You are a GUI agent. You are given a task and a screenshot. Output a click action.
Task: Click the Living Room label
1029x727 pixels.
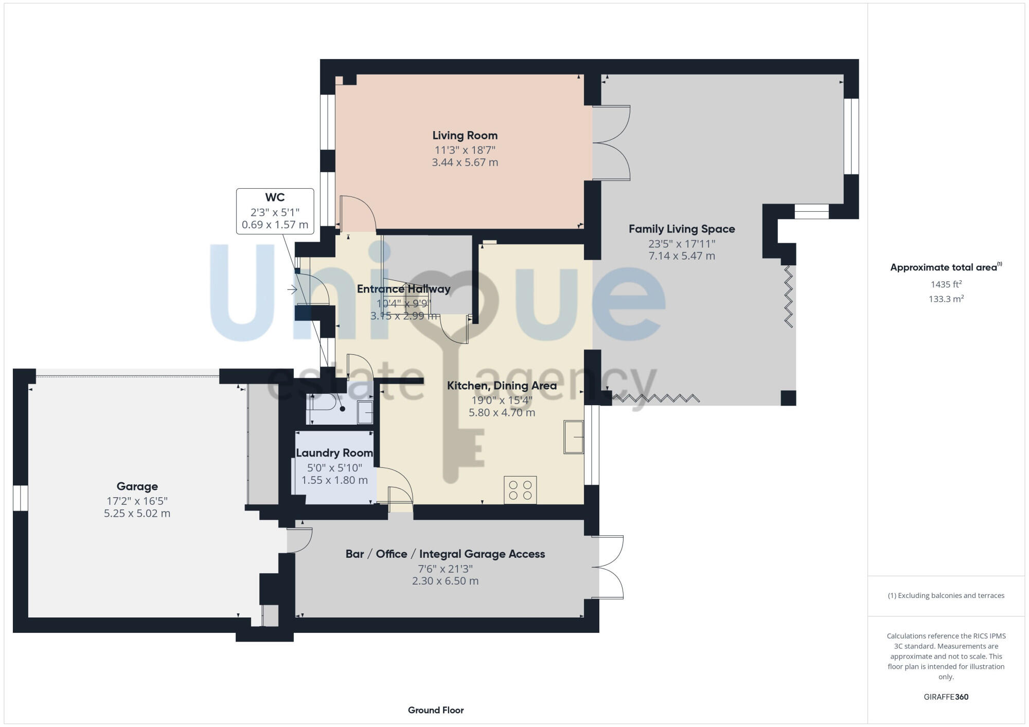(x=465, y=135)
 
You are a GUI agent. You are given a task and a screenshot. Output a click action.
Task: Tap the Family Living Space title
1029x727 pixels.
(x=681, y=229)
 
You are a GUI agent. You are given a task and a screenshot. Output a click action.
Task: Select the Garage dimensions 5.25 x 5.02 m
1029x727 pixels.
(x=137, y=513)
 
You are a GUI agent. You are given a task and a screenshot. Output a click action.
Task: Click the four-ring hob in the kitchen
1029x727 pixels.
(x=520, y=489)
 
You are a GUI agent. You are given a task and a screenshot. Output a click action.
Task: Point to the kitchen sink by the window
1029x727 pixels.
(x=573, y=437)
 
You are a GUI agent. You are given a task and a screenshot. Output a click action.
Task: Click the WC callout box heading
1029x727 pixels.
(x=275, y=197)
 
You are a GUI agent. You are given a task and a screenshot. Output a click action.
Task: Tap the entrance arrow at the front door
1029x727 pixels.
(x=292, y=290)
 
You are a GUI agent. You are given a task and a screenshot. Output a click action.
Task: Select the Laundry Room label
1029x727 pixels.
(x=334, y=453)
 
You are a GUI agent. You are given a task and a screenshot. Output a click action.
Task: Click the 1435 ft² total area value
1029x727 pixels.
(x=946, y=284)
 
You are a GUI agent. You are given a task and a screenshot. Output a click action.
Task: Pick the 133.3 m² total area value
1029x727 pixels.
(x=946, y=299)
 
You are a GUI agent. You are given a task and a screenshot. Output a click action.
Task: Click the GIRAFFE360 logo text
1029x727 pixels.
(x=946, y=697)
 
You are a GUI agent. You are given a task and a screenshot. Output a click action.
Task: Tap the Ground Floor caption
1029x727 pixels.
(x=436, y=710)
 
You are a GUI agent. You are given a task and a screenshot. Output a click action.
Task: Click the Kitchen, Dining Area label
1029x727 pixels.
(x=502, y=386)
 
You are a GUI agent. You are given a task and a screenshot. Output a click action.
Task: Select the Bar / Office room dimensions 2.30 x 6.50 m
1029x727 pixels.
(x=445, y=581)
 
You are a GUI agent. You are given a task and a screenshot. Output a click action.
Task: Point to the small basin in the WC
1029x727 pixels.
(x=365, y=412)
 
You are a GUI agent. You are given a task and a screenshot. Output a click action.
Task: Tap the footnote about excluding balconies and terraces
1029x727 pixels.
(x=946, y=595)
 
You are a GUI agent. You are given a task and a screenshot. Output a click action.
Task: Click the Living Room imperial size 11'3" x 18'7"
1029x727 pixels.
(x=465, y=150)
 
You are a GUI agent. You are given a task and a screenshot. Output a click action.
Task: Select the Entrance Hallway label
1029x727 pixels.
(x=403, y=289)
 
